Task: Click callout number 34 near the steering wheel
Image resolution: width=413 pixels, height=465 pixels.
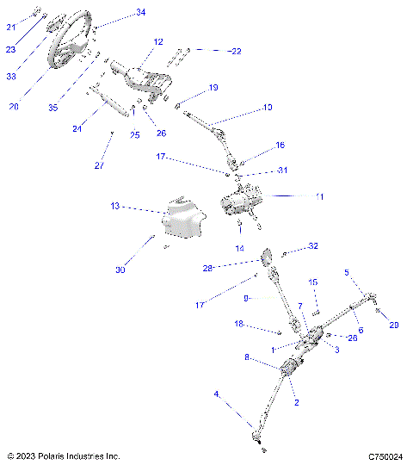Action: pos(141,13)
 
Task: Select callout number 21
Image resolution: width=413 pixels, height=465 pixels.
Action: pos(11,28)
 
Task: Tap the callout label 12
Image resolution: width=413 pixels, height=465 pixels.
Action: pos(158,41)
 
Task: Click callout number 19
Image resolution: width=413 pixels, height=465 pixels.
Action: pos(213,87)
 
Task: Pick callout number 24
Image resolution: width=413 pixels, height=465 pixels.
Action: pos(77,129)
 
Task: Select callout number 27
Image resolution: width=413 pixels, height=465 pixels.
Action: pos(97,164)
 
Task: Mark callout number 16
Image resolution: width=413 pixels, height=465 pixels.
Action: pos(280,145)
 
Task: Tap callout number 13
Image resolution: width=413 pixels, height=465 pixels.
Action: pos(115,207)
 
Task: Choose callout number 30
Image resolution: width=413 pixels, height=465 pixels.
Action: pos(120,270)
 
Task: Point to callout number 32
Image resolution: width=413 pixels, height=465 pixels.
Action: pos(313,246)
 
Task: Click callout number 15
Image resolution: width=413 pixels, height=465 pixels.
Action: pos(313,282)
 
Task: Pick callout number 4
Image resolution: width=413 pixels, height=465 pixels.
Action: pos(218,394)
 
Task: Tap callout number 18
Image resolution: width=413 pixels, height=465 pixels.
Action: pos(240,324)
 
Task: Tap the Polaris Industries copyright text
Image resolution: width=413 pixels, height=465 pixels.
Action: pos(63,456)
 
